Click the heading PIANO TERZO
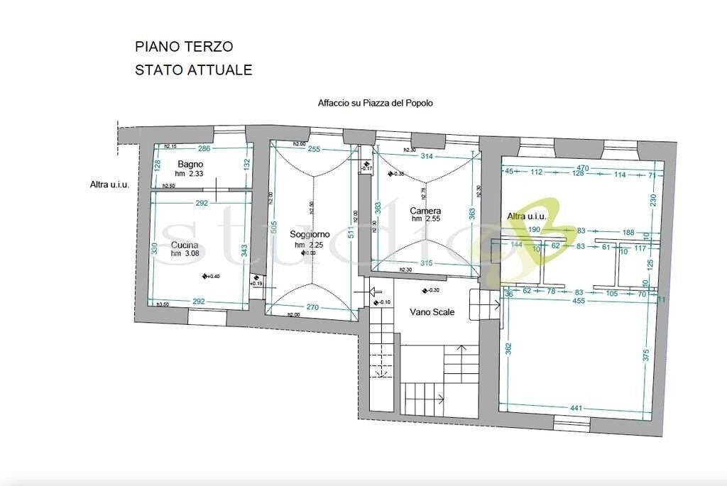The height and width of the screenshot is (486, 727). (x=184, y=46)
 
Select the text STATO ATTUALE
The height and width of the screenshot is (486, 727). (x=194, y=70)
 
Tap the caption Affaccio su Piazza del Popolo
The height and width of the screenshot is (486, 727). (x=375, y=103)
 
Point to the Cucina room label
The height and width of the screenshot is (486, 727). (x=185, y=245)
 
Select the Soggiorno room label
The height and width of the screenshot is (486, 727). (x=310, y=235)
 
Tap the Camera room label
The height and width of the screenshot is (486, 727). (x=426, y=211)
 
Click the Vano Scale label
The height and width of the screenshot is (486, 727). (x=432, y=312)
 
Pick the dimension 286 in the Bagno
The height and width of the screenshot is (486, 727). (x=204, y=149)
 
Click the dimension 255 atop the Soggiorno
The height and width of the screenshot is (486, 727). (x=314, y=149)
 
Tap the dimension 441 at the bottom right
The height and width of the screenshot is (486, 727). (x=576, y=408)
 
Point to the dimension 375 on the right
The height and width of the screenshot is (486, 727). (x=646, y=355)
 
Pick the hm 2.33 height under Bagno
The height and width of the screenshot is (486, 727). (x=191, y=174)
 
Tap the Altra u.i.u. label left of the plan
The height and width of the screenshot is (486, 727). (x=109, y=185)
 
